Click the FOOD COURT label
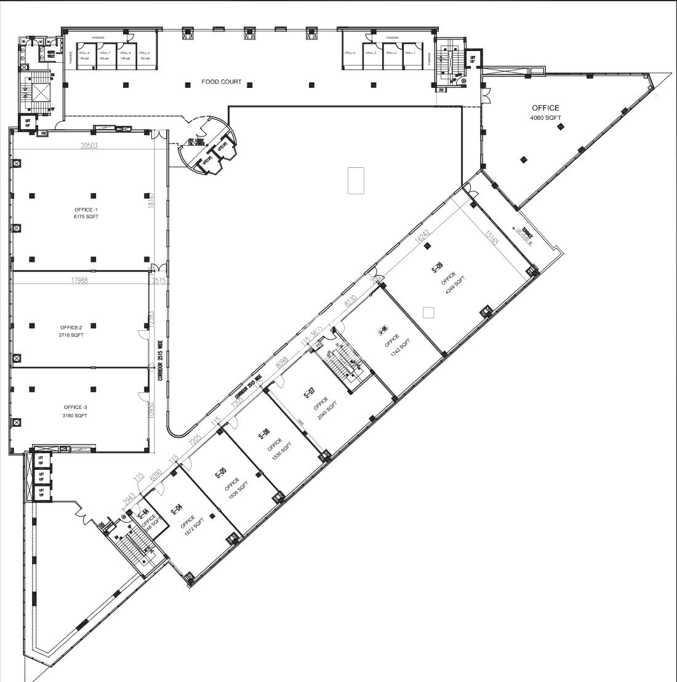tap(222, 82)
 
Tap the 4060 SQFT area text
tap(545, 118)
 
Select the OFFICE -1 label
tap(86, 209)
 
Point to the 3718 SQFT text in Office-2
tap(72, 335)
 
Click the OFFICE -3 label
tap(76, 407)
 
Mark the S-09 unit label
tap(437, 268)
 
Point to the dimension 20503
tap(89, 146)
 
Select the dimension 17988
tap(78, 280)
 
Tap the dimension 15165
tap(491, 239)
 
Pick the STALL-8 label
tap(84, 53)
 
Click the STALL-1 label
tap(409, 53)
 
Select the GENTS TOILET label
tap(50, 54)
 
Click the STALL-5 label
tap(145, 53)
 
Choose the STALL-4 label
tap(351, 53)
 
